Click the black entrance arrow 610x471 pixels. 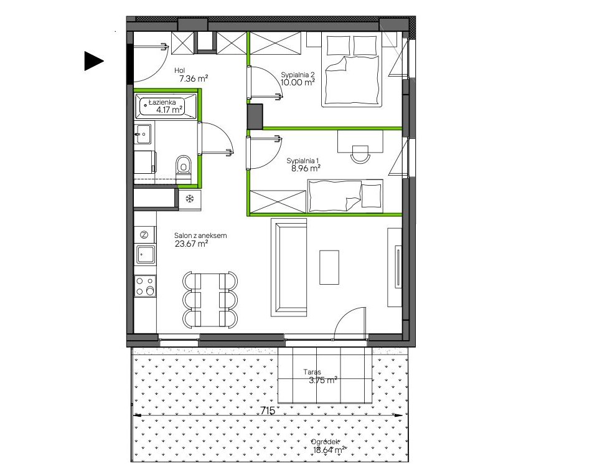93,61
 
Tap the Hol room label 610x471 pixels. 180,70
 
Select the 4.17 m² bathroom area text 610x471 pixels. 169,110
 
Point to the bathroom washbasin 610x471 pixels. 143,134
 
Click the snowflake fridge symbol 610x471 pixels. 190,199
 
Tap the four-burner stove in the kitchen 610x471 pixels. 145,286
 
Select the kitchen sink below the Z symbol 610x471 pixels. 145,255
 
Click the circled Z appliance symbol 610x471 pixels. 144,235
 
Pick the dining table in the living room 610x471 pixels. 210,300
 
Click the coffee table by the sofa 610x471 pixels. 329,267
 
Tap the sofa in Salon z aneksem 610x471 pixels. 289,267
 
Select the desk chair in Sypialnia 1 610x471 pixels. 360,155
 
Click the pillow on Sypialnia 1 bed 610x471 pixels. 371,196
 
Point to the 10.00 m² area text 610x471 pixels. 298,82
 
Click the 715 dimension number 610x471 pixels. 268,411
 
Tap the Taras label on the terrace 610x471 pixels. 312,372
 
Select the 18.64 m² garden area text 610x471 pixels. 329,450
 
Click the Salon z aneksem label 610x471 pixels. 200,235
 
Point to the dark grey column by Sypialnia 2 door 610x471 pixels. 255,116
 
